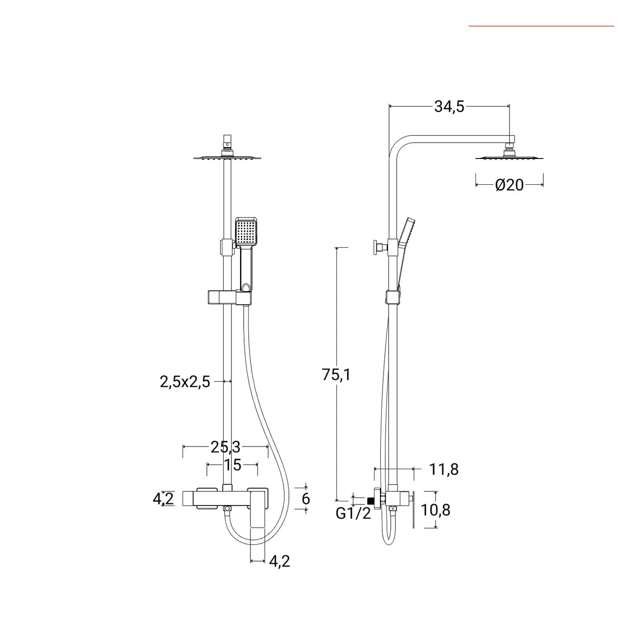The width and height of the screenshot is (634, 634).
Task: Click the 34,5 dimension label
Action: (449, 107)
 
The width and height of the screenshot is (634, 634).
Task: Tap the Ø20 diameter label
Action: (509, 185)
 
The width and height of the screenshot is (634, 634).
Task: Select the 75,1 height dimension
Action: (336, 374)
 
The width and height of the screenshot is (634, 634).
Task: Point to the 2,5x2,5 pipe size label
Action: (185, 382)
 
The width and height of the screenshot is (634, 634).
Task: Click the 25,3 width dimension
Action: (225, 447)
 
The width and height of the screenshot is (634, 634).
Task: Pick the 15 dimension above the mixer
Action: (233, 465)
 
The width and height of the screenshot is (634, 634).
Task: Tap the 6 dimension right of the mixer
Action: (306, 499)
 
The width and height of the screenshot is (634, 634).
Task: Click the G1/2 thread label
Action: (353, 514)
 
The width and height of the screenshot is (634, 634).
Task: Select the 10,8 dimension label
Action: (435, 510)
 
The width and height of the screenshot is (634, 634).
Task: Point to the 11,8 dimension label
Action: (444, 470)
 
